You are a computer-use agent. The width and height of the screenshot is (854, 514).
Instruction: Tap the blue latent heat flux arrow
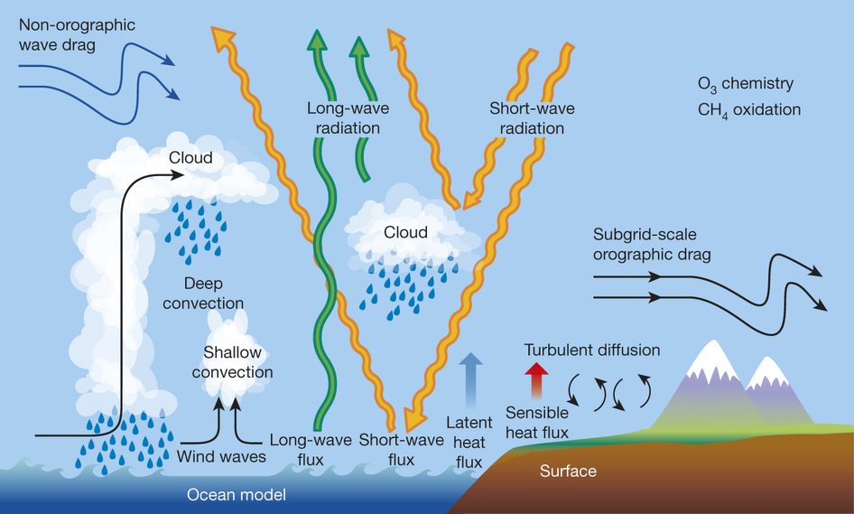470,378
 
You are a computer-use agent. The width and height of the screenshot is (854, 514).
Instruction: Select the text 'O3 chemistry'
745,84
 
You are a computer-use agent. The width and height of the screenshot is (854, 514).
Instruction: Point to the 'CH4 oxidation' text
748,109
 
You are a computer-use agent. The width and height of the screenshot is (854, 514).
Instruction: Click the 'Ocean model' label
236,494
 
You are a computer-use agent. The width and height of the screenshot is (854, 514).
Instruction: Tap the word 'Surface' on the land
568,472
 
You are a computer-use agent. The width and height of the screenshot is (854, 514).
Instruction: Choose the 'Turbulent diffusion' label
592,350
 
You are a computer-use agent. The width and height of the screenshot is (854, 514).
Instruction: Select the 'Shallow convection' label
237,360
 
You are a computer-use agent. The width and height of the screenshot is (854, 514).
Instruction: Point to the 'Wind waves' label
222,456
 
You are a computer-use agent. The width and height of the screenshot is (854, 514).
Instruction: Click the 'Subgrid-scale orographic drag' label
652,243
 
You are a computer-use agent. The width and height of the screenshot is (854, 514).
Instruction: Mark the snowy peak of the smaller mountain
768,368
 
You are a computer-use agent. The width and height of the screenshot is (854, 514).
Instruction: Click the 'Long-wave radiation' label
342,118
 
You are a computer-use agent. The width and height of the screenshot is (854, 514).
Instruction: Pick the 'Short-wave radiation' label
532,118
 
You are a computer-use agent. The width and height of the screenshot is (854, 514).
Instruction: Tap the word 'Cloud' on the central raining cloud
405,232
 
